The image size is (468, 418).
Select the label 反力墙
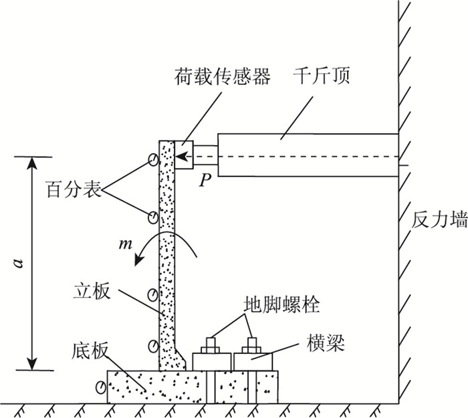pyautogui.click(x=439, y=221)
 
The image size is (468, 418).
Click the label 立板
pyautogui.click(x=91, y=293)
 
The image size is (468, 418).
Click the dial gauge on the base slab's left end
pyautogui.click(x=101, y=387)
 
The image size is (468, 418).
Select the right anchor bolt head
pyautogui.click(x=252, y=344)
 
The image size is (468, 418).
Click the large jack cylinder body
pyautogui.click(x=308, y=154)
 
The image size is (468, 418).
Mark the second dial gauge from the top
pyautogui.click(x=153, y=217)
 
